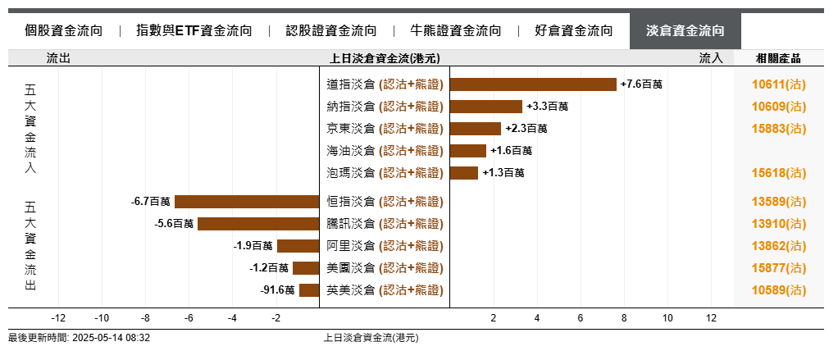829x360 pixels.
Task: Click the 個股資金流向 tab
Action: click(63, 31)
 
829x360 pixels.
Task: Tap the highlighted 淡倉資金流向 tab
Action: click(685, 31)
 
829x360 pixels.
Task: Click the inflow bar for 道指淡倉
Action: click(533, 84)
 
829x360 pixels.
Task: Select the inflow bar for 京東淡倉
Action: click(476, 129)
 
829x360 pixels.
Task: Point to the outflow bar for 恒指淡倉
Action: click(247, 202)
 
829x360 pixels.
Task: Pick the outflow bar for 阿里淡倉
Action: click(298, 246)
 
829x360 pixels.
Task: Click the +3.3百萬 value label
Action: click(548, 107)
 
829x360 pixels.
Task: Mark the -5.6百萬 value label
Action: click(174, 224)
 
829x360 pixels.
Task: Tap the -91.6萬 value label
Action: click(277, 290)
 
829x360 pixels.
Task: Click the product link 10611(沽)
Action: click(778, 84)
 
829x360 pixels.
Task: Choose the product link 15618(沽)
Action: click(778, 173)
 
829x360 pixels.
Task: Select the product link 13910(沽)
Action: click(778, 224)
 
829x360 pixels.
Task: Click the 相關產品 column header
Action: click(778, 58)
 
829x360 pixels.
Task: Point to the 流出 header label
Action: click(58, 58)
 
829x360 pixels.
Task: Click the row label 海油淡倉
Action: click(350, 151)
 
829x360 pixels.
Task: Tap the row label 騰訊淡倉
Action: click(350, 224)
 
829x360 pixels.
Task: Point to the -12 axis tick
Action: click(58, 318)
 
